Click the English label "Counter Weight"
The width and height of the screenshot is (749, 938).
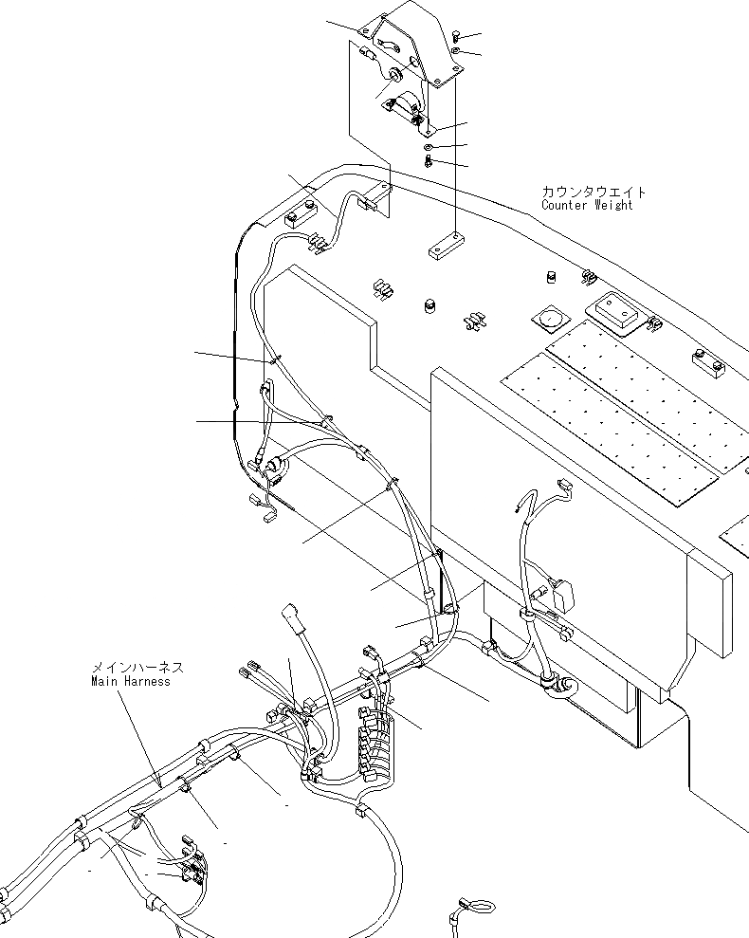586,205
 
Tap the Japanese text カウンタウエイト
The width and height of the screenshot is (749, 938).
594,192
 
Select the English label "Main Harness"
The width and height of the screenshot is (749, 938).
131,681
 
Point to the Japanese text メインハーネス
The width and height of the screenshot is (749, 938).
137,668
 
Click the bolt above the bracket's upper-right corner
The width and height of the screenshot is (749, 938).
456,36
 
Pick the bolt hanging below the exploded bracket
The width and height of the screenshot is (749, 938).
429,162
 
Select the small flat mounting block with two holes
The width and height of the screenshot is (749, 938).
445,249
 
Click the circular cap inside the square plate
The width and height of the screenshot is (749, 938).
550,318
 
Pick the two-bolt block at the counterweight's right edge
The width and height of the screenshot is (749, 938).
706,360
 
